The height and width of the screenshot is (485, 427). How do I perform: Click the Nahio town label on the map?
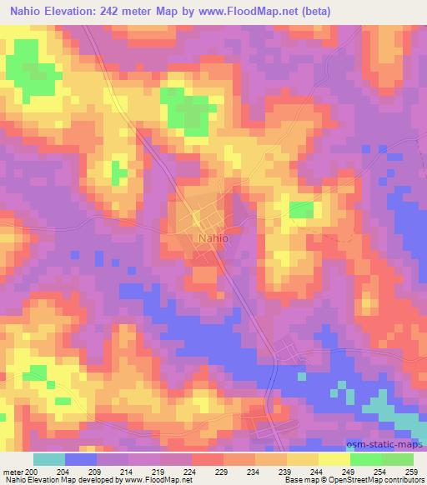coord(213,237)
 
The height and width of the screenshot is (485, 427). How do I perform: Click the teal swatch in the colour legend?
coord(49,459)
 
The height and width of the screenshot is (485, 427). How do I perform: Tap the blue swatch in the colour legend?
coord(81,459)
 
